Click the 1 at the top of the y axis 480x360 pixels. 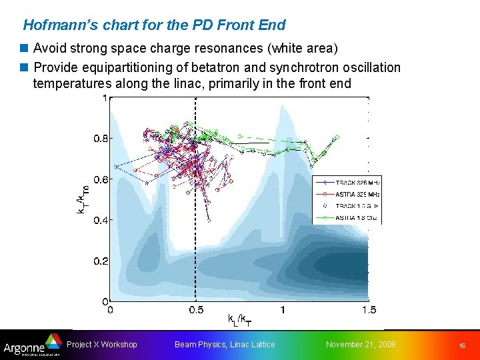pos(103,98)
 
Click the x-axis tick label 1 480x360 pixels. pos(283,310)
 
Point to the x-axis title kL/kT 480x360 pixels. pos(239,321)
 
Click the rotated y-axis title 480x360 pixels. pos(82,199)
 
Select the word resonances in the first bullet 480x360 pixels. pos(234,49)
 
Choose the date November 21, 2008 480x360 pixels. pos(361,345)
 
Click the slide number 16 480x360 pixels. pos(461,346)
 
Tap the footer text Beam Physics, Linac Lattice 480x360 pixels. pos(225,345)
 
